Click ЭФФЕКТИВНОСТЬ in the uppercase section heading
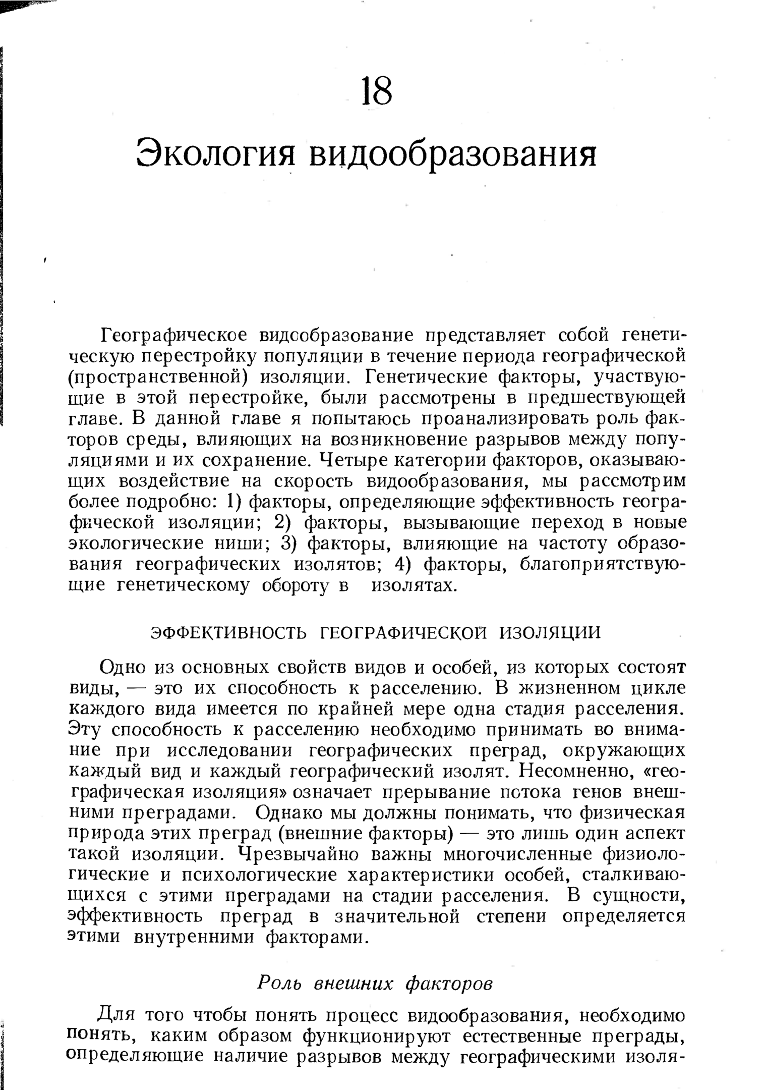tap(229, 632)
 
